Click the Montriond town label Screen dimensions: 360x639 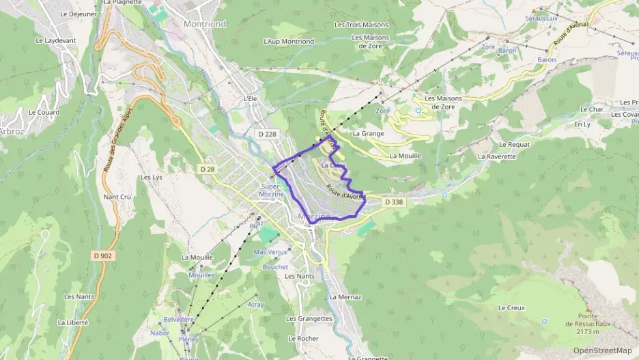pos(205,23)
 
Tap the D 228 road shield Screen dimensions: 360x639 pos(268,134)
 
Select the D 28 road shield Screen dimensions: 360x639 pos(208,169)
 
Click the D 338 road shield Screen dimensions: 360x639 pos(394,202)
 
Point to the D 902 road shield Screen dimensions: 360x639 pos(103,255)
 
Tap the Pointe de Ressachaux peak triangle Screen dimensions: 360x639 pos(586,309)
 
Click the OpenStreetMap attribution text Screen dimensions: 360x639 pos(602,350)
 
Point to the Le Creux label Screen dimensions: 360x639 pos(511,307)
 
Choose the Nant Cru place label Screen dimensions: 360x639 pos(117,197)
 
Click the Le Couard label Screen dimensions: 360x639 pos(44,112)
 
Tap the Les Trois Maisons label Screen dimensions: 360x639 pos(361,25)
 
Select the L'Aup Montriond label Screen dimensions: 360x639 pos(288,41)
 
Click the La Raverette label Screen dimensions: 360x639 pos(497,156)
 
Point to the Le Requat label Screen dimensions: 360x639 pos(514,144)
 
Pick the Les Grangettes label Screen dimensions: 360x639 pos(309,318)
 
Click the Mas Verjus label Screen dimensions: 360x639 pos(270,252)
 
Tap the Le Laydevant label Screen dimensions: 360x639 pos(56,40)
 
